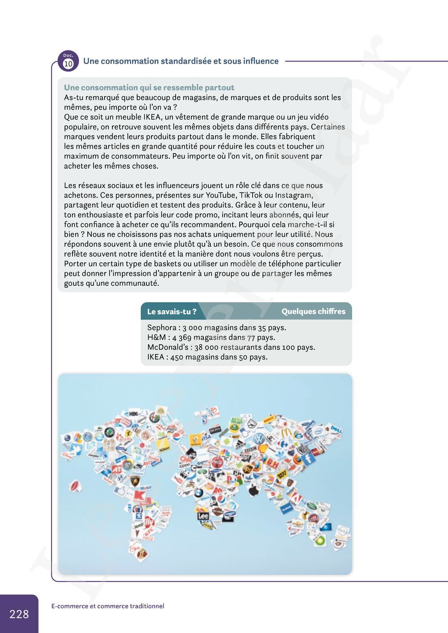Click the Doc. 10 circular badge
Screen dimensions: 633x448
point(68,62)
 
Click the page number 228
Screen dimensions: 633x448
point(19,614)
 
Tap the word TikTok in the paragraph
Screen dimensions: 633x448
point(250,195)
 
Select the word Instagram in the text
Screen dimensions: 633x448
point(293,195)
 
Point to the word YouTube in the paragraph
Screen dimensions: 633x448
point(220,195)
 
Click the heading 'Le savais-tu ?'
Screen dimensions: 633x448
point(172,312)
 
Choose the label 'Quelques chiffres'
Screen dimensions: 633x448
point(313,311)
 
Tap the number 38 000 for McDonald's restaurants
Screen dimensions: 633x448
point(206,347)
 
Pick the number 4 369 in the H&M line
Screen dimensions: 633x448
point(182,338)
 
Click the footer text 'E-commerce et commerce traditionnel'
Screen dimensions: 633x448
point(108,606)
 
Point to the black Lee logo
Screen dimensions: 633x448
point(203,516)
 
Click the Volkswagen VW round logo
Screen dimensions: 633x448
point(259,439)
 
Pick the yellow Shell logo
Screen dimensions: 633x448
point(263,449)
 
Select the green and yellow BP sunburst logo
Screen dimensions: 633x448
point(319,541)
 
